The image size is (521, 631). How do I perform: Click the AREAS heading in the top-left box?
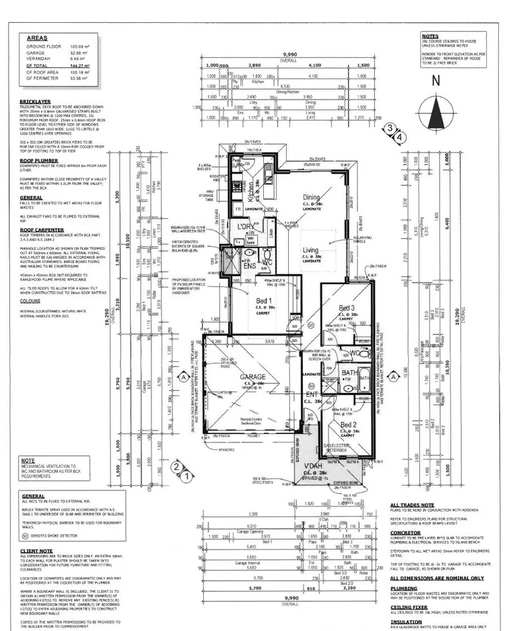coord(38,39)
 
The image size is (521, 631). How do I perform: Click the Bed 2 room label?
coord(348,425)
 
